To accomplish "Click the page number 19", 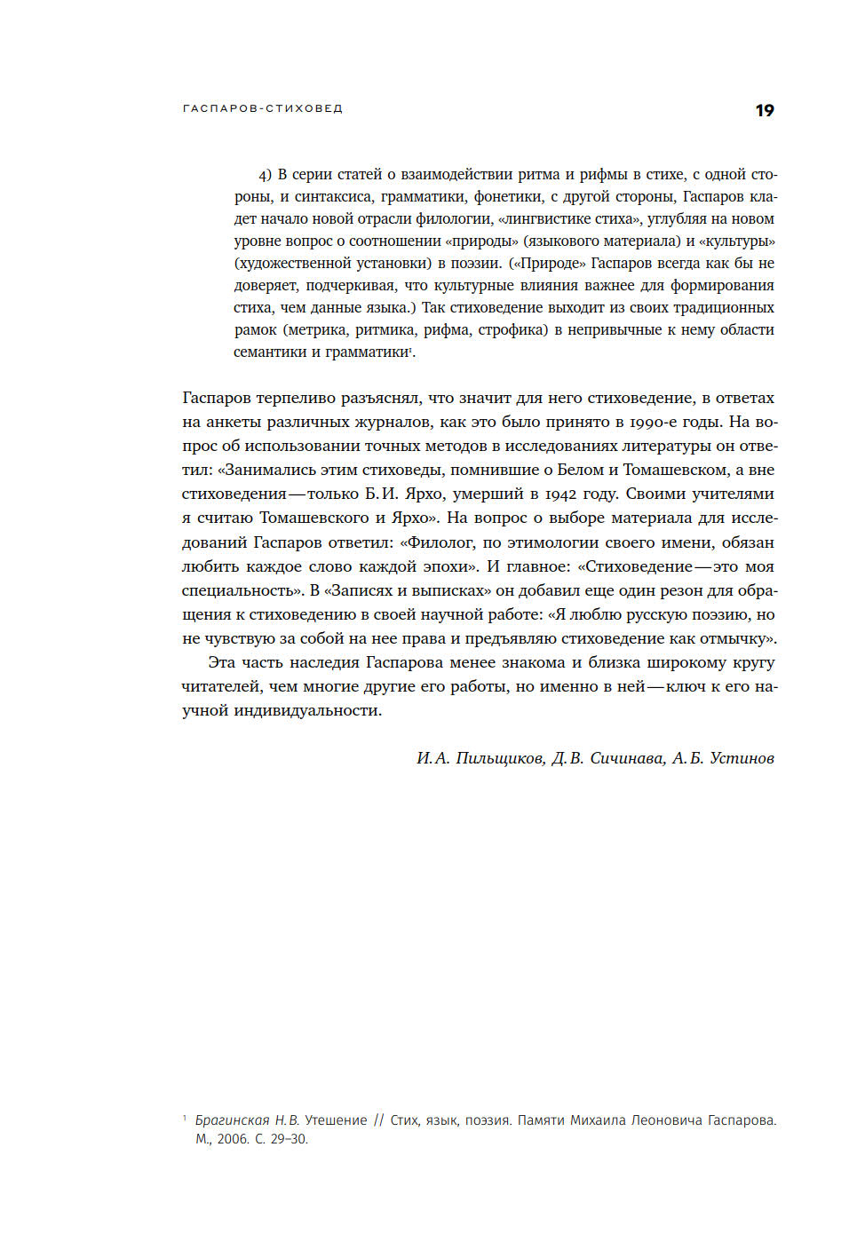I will coord(764,110).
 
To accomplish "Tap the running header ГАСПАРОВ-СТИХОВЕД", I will coord(262,108).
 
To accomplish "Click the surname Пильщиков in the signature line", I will coord(500,758).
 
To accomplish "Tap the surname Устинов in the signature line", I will coord(742,758).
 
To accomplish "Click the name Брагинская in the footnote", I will coord(232,1120).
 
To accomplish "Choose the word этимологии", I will coord(556,542).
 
